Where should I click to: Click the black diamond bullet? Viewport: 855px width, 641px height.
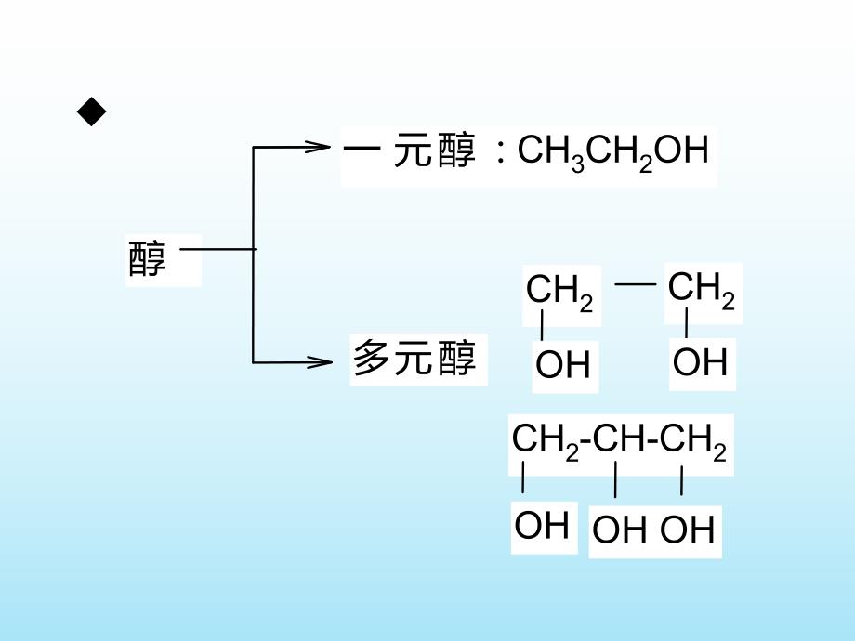click(92, 113)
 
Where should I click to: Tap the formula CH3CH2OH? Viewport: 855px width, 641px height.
click(612, 150)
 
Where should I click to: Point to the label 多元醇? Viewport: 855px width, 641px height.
click(414, 359)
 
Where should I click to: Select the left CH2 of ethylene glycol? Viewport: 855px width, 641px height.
click(559, 292)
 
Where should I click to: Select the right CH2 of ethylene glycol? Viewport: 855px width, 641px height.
click(702, 290)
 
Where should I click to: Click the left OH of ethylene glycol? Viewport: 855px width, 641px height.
click(563, 365)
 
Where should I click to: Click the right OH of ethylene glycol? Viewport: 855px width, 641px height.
click(700, 362)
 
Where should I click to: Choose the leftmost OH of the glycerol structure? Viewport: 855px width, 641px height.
click(542, 526)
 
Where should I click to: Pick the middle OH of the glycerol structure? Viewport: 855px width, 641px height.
click(620, 530)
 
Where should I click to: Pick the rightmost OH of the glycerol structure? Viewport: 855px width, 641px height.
click(688, 530)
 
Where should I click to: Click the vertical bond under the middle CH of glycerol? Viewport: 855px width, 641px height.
click(615, 482)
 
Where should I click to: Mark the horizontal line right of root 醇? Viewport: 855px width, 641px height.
click(217, 248)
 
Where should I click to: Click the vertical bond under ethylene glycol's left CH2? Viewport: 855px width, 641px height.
click(542, 326)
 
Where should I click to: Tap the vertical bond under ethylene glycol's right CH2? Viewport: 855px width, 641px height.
click(687, 324)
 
